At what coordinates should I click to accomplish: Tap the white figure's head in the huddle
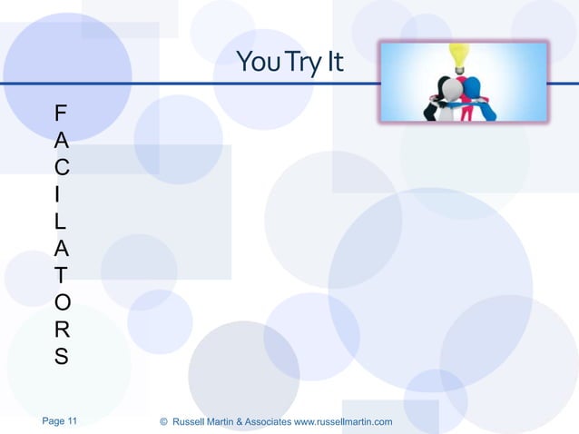(449, 88)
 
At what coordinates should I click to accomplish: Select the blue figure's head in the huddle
(473, 87)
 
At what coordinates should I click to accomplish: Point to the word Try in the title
(298, 63)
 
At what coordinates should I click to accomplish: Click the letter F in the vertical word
(60, 114)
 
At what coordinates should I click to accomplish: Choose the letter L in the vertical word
(60, 220)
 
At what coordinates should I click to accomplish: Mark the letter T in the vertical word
(60, 273)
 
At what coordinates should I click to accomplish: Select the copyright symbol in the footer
(163, 422)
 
